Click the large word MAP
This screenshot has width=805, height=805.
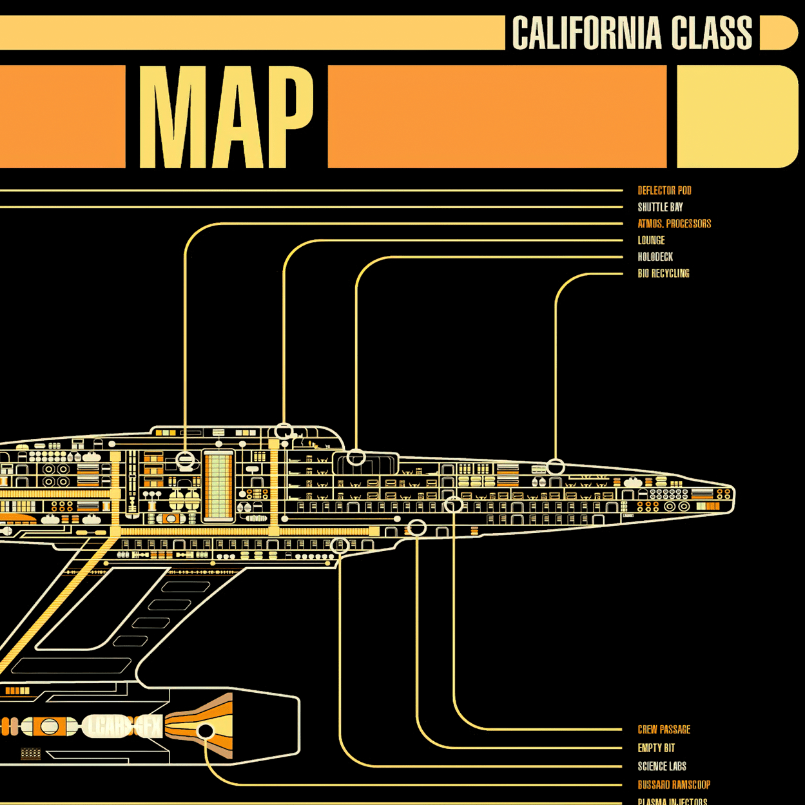click(226, 117)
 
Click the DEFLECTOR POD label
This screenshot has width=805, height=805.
click(664, 191)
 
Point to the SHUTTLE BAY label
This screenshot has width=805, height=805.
click(660, 208)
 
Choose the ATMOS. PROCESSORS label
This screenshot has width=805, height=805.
click(674, 224)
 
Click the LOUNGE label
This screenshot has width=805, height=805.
click(651, 240)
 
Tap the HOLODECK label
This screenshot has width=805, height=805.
click(655, 257)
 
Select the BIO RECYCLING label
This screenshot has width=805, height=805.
click(663, 273)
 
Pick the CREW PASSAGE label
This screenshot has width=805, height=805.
click(664, 730)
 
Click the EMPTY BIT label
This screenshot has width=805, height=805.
click(656, 748)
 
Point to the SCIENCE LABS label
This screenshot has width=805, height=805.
click(662, 766)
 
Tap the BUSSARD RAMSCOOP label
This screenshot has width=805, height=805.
click(674, 785)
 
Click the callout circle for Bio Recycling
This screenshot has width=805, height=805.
click(556, 466)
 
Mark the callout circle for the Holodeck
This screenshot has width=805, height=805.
click(356, 458)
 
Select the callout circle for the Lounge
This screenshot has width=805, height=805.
click(284, 431)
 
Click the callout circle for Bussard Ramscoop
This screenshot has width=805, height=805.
click(206, 731)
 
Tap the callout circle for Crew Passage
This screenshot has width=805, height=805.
click(454, 505)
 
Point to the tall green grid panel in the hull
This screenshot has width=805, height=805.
click(218, 485)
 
